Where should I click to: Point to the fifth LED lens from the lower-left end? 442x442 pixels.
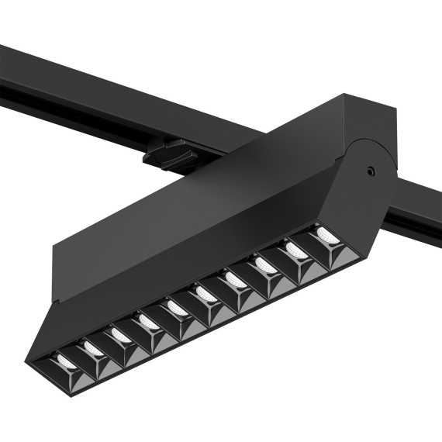[175, 307]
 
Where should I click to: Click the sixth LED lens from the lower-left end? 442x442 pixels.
[205, 293]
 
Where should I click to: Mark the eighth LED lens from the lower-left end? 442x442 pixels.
[264, 264]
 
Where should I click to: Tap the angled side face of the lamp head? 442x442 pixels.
[194, 264]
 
